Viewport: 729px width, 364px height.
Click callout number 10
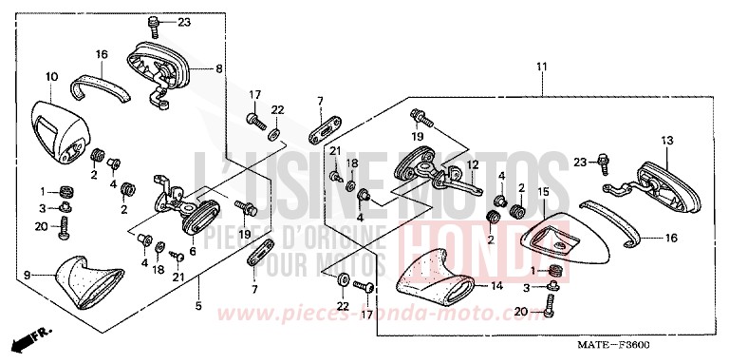point(51,75)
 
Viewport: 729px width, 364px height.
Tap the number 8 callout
point(219,68)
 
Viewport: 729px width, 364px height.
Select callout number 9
point(27,276)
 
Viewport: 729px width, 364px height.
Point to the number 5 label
point(198,306)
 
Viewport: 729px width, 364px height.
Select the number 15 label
point(543,194)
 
